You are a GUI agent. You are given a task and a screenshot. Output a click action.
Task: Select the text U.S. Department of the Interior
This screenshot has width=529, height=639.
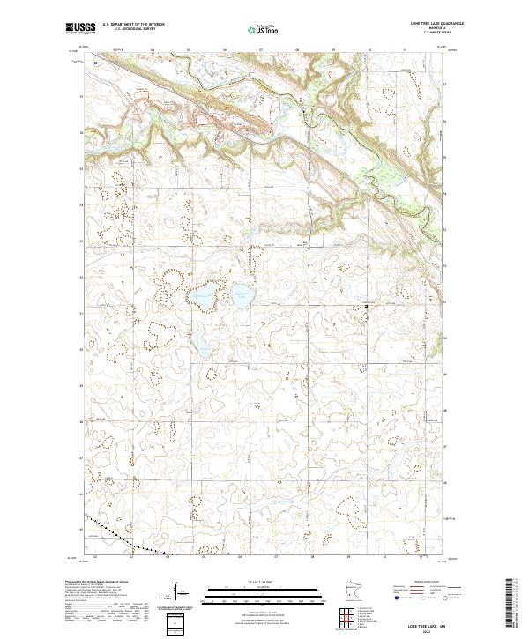click(x=133, y=25)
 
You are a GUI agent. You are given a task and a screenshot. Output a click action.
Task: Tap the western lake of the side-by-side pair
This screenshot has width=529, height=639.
click(x=205, y=295)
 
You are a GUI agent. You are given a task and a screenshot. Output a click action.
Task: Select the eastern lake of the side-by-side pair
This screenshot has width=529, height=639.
click(x=242, y=293)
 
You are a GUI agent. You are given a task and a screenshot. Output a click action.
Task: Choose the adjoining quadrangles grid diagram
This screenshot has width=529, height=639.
click(x=350, y=617)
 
